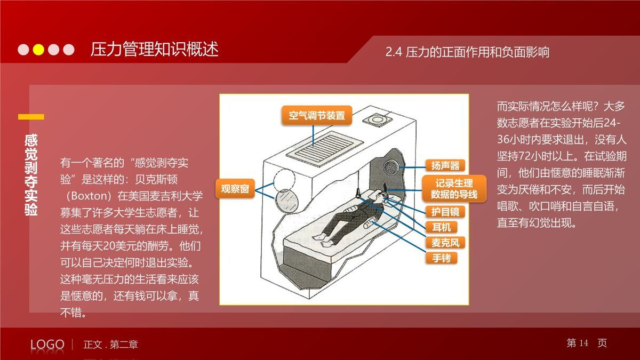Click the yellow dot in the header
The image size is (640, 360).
[x=38, y=50]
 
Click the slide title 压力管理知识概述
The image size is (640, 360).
[x=154, y=50]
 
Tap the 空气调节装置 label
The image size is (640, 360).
[x=317, y=115]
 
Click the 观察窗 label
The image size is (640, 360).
[x=235, y=189]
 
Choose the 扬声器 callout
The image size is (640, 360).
[x=445, y=165]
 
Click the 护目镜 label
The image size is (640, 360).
[x=445, y=212]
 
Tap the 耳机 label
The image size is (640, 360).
[x=441, y=227]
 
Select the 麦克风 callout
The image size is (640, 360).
[x=445, y=243]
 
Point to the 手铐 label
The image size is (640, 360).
[x=441, y=258]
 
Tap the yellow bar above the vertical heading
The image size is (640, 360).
[x=31, y=117]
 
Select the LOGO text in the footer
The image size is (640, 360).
[x=47, y=345]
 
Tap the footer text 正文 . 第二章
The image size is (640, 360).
[x=110, y=345]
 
